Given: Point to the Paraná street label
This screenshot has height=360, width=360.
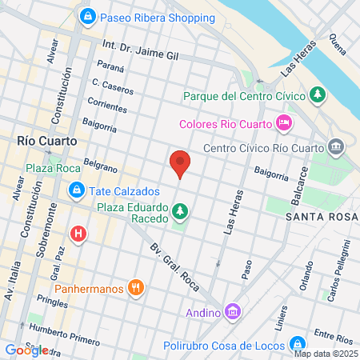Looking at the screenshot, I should (110, 66).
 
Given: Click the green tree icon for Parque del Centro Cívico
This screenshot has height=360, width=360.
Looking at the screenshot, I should (318, 95).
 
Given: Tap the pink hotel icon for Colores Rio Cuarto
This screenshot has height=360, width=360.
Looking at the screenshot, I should (283, 123).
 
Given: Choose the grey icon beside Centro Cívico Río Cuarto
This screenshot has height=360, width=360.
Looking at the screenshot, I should (335, 146).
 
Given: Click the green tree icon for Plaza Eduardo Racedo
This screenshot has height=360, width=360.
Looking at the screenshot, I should (180, 212).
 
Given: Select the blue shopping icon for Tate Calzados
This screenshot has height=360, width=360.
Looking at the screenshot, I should (77, 190).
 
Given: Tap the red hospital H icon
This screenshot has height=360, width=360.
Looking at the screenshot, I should (78, 234).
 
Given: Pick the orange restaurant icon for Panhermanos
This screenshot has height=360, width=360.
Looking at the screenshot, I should (138, 287).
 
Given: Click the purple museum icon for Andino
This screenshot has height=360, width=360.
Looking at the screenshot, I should (232, 310).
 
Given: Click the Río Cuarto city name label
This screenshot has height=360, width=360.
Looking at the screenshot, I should (47, 140).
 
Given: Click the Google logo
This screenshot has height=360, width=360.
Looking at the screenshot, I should (26, 350).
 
